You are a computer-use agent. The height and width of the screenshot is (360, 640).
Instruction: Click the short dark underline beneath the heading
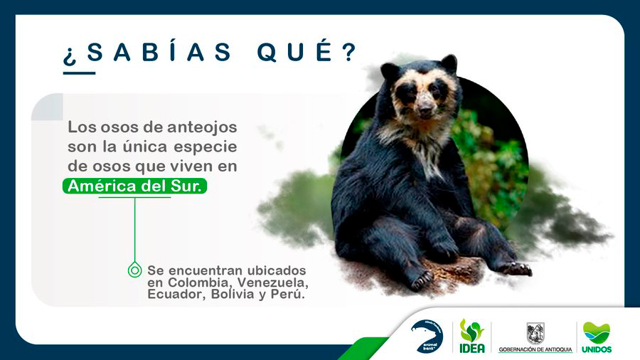(79, 73)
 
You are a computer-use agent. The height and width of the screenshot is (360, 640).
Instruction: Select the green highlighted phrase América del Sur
(134, 186)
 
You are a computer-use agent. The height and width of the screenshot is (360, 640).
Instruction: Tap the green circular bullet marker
(134, 270)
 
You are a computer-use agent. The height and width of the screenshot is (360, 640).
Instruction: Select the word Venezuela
(272, 282)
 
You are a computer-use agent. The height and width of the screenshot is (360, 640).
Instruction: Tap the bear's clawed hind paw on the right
(515, 268)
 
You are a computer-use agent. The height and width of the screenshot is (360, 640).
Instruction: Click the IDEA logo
(472, 336)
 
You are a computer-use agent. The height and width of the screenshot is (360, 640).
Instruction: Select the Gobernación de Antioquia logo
(535, 337)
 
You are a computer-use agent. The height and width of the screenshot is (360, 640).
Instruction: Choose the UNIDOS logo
(597, 337)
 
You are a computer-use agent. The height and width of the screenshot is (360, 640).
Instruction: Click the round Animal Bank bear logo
(427, 336)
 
